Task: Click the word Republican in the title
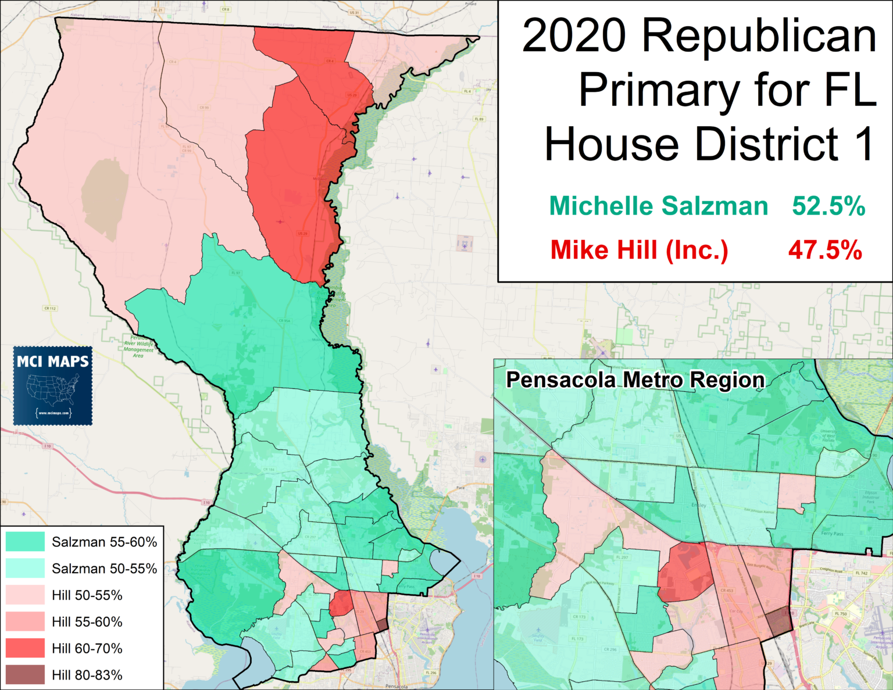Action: (x=759, y=36)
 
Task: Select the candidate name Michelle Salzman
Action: (x=658, y=206)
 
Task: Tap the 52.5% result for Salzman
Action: (x=828, y=206)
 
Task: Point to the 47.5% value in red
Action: (x=825, y=250)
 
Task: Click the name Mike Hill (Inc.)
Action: (x=639, y=250)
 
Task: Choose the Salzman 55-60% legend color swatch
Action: (x=25, y=542)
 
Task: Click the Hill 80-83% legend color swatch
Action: (x=25, y=675)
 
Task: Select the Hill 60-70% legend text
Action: (x=87, y=648)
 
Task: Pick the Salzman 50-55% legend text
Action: (x=104, y=569)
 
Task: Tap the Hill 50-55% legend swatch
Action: (x=25, y=595)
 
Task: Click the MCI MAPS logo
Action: (x=53, y=386)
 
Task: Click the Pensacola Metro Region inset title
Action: (x=635, y=380)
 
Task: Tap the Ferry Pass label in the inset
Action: (x=831, y=533)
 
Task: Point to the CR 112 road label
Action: (x=50, y=308)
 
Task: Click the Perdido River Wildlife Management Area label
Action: (x=138, y=346)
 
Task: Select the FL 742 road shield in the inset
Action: (x=861, y=573)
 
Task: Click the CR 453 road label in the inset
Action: (x=727, y=591)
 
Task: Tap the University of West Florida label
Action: (x=828, y=435)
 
